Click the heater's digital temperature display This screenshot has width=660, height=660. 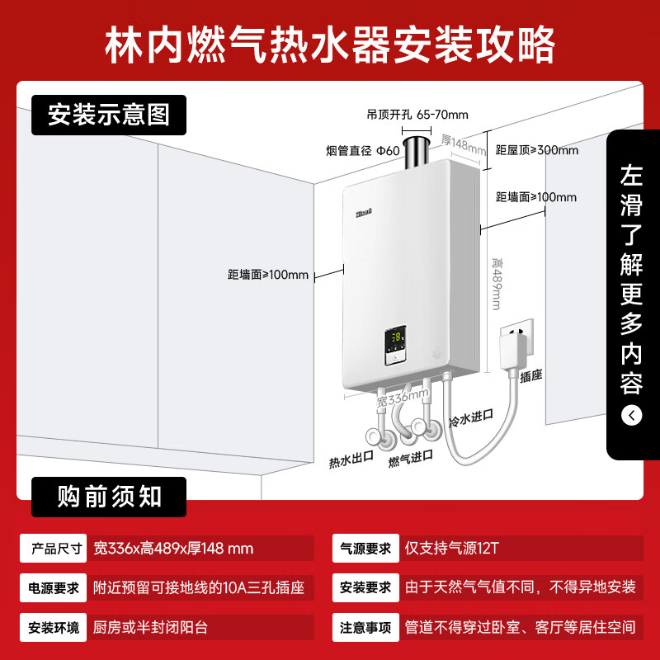397,337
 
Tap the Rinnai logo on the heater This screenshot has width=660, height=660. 364,214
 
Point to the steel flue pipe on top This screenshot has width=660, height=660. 417,153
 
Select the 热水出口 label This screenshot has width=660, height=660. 351,460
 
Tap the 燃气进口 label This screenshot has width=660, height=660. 410,459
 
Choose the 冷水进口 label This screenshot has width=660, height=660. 471,418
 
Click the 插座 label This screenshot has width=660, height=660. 530,375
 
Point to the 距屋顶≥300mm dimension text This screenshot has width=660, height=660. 537,150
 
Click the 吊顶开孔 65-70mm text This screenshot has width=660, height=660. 417,115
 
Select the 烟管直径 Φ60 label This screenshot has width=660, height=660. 362,151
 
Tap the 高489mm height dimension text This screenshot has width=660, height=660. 497,284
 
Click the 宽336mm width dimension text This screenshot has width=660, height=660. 403,398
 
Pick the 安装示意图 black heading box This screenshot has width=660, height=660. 109,115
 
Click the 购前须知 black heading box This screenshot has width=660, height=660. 109,497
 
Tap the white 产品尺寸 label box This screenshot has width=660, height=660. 53,548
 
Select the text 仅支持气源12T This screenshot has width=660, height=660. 451,548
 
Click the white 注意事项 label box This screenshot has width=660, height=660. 365,627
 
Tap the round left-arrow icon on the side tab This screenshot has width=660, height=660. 631,416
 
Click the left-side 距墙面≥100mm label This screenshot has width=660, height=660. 268,275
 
